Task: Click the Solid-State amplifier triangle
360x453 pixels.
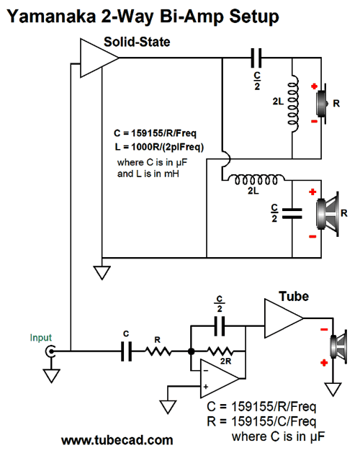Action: [x=99, y=58]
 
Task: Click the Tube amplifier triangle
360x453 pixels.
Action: [x=284, y=318]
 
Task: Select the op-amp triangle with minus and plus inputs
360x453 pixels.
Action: [x=220, y=379]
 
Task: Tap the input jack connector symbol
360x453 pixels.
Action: [x=50, y=351]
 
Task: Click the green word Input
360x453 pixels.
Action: [x=41, y=338]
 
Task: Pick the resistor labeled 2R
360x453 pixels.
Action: [x=220, y=351]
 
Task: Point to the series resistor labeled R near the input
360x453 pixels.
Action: [x=158, y=351]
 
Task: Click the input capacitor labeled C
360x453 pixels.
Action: [x=126, y=351]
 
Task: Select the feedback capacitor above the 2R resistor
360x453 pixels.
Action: [x=220, y=326]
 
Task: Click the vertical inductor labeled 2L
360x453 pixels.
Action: [x=293, y=104]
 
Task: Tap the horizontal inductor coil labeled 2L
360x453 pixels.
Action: [x=256, y=179]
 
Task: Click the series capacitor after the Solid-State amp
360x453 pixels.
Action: [x=256, y=58]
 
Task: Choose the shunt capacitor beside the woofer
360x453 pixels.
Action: [x=292, y=213]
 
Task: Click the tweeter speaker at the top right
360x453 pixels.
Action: [x=323, y=104]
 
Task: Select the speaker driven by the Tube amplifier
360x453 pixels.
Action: [x=339, y=346]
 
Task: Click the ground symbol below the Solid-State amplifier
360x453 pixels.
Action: [x=102, y=273]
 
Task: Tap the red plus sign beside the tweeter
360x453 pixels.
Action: [x=315, y=86]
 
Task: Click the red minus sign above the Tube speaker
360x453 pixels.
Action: [x=324, y=329]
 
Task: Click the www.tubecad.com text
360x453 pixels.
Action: [x=117, y=440]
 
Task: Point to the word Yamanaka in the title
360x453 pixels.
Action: [x=51, y=17]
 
